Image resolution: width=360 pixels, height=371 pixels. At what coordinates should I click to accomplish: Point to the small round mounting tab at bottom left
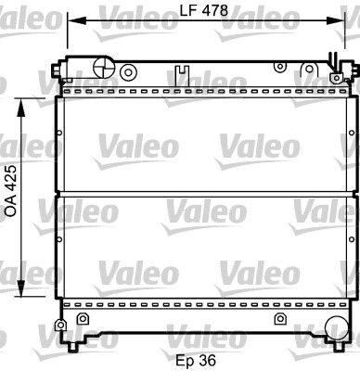(x=61, y=326)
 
